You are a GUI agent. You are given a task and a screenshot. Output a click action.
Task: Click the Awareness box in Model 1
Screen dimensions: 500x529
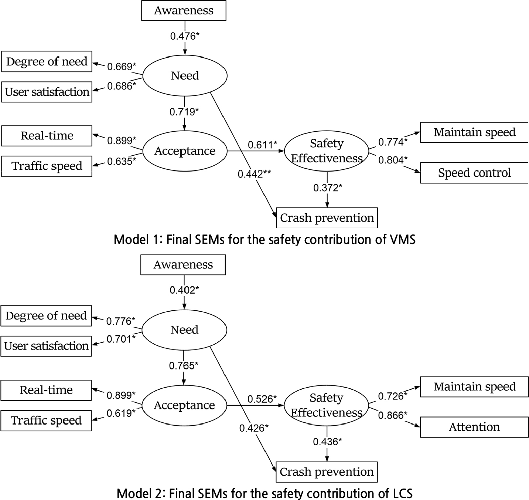pos(184,11)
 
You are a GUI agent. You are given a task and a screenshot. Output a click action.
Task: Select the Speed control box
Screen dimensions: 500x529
pos(474,173)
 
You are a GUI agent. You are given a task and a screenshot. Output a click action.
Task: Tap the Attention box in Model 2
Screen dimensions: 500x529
pos(474,427)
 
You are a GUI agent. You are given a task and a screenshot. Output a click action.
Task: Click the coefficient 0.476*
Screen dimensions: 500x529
pos(185,36)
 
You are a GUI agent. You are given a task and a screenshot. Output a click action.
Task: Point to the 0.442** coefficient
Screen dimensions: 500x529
pos(254,174)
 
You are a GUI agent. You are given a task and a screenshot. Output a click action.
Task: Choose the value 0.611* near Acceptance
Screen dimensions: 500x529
pos(262,145)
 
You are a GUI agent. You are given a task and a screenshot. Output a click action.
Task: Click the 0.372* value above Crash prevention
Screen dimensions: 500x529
pos(327,188)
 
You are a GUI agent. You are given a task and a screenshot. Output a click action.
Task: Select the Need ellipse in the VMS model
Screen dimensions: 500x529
pos(185,76)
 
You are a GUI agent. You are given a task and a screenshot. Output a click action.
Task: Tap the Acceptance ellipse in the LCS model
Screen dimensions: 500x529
pos(184,405)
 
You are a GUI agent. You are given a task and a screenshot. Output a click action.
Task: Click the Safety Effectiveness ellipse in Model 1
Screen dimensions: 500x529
pos(327,151)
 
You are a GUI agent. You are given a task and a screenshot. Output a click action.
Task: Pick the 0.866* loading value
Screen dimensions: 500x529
pos(393,415)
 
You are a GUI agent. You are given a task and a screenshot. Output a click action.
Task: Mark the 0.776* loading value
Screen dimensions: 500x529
pos(121,321)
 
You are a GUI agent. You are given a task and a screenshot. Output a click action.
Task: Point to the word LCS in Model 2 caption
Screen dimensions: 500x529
pos(401,493)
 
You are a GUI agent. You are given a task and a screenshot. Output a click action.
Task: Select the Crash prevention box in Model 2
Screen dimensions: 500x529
pos(327,472)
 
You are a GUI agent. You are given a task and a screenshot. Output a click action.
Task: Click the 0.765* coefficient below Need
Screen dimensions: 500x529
pos(184,366)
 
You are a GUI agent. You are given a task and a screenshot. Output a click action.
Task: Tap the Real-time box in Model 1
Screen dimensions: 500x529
pos(47,136)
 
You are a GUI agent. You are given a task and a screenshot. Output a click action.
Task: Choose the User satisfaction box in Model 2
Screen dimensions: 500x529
pos(46,346)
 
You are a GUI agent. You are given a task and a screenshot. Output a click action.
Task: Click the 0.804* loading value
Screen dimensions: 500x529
pos(393,160)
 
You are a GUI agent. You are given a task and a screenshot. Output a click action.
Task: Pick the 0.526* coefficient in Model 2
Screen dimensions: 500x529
pos(262,399)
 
